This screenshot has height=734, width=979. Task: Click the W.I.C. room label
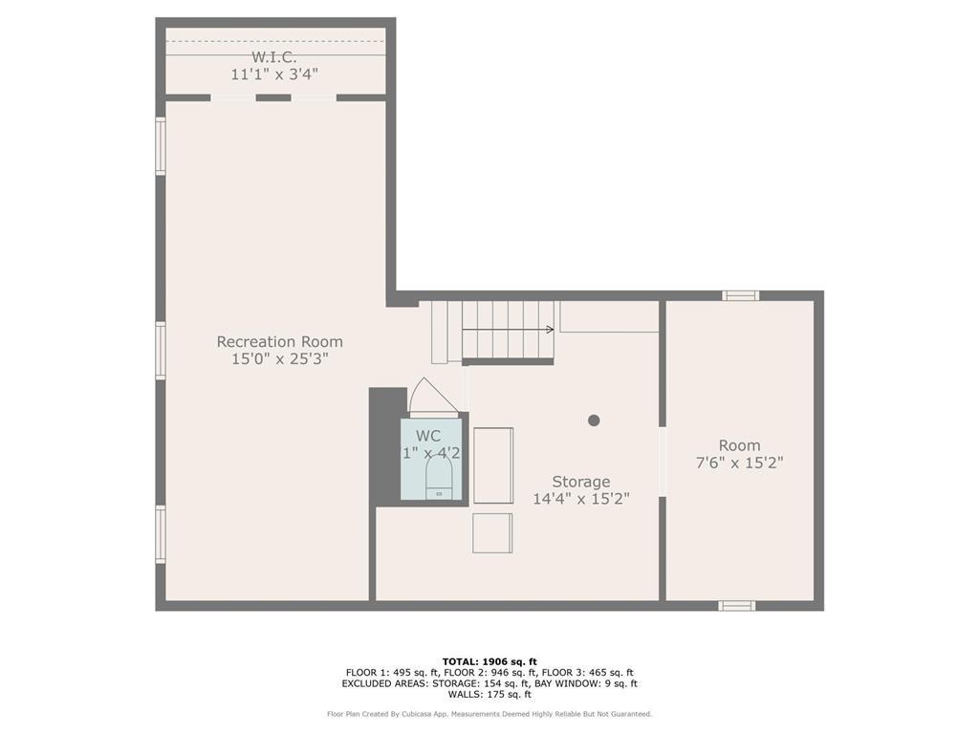pyautogui.click(x=274, y=57)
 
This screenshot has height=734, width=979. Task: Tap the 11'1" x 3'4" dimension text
pyautogui.click(x=274, y=74)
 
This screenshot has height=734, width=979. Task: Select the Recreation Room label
pyautogui.click(x=279, y=341)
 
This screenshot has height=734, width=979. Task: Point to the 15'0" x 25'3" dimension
pyautogui.click(x=279, y=358)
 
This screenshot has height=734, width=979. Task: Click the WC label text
pyautogui.click(x=429, y=436)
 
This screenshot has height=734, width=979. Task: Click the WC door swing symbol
pyautogui.click(x=431, y=398)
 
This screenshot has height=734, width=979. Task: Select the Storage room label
pyautogui.click(x=580, y=482)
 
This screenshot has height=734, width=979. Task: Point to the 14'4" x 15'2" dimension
pyautogui.click(x=580, y=499)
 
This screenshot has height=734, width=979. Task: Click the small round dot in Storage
pyautogui.click(x=594, y=420)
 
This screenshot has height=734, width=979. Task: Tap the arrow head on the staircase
pyautogui.click(x=550, y=330)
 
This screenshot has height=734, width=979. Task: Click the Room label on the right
pyautogui.click(x=740, y=445)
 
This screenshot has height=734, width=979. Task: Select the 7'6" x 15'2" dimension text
pyautogui.click(x=740, y=463)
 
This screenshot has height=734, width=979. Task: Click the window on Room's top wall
pyautogui.click(x=741, y=295)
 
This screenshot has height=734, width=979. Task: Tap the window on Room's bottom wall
pyautogui.click(x=737, y=605)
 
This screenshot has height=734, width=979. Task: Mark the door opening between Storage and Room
pyautogui.click(x=662, y=461)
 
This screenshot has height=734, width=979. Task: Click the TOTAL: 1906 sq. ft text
pyautogui.click(x=489, y=661)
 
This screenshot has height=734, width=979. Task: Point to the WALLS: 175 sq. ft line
pyautogui.click(x=489, y=695)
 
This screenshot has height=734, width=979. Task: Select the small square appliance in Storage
pyautogui.click(x=492, y=533)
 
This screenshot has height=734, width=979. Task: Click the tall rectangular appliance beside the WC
pyautogui.click(x=493, y=465)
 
